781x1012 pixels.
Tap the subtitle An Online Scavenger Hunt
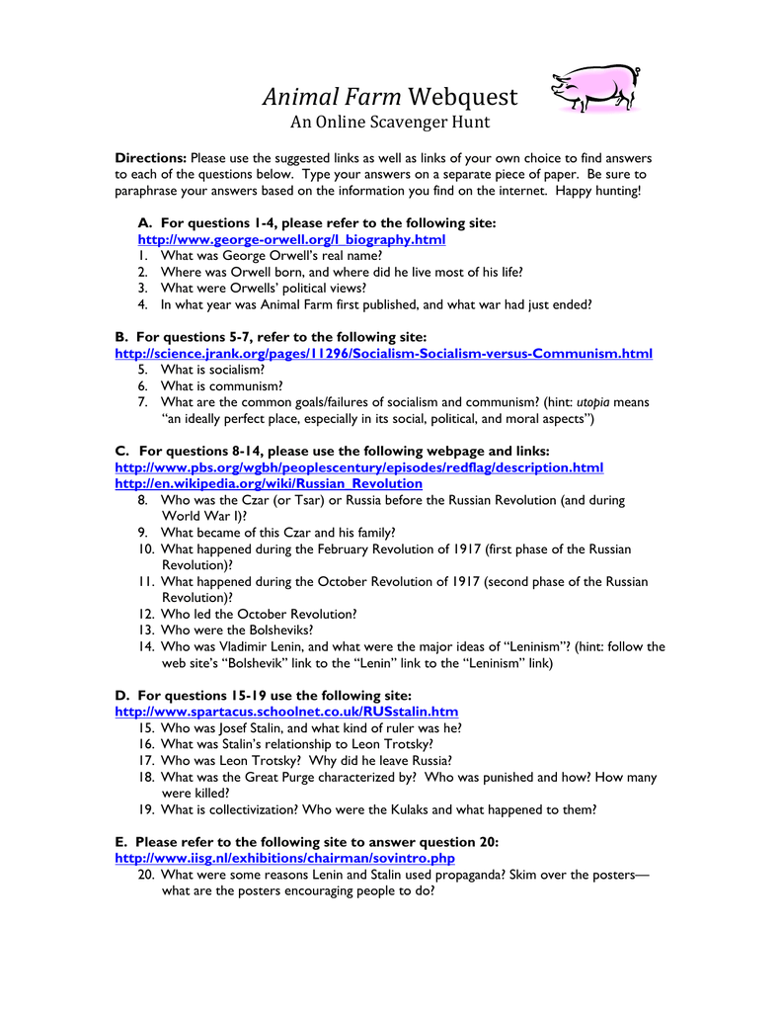click(x=389, y=124)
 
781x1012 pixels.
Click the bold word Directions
click(x=150, y=158)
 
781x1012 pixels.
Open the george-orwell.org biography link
click(x=291, y=240)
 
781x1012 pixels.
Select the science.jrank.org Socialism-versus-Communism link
click(x=383, y=353)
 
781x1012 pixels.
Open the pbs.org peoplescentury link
click(x=358, y=467)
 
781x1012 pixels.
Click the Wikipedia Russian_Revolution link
click(x=269, y=484)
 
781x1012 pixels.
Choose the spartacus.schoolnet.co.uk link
click(x=286, y=712)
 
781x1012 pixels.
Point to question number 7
click(x=143, y=402)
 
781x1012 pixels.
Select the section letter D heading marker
click(x=121, y=695)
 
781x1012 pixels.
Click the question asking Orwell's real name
click(x=271, y=256)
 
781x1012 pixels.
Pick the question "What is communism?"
click(x=221, y=385)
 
